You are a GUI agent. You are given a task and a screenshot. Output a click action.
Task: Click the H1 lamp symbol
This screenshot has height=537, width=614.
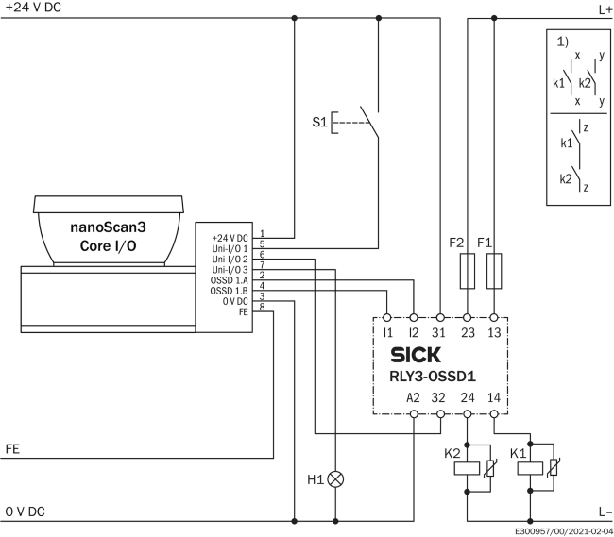(x=335, y=479)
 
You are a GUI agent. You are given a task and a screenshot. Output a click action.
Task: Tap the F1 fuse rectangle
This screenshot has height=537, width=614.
(x=494, y=271)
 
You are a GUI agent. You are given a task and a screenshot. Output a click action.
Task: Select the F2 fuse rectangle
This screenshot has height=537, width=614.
(x=468, y=271)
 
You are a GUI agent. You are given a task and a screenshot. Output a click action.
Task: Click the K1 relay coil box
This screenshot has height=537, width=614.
(x=530, y=468)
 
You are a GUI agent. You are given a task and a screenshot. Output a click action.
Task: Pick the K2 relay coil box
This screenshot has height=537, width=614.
(x=467, y=468)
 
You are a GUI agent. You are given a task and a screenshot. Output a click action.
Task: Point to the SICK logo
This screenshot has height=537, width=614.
(x=416, y=355)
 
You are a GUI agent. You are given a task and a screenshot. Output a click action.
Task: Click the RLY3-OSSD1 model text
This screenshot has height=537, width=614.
(x=433, y=377)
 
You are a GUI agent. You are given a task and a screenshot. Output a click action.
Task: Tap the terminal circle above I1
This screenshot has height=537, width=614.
(x=387, y=318)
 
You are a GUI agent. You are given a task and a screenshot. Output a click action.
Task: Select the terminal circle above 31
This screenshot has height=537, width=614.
(x=440, y=318)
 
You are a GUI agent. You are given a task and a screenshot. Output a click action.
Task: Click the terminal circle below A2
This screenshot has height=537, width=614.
(x=414, y=413)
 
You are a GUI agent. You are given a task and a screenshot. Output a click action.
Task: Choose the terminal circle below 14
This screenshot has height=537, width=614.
(x=494, y=413)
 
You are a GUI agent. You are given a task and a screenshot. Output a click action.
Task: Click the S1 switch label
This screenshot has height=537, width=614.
(x=319, y=122)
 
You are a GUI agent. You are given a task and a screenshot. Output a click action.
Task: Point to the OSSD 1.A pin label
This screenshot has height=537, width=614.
(x=230, y=280)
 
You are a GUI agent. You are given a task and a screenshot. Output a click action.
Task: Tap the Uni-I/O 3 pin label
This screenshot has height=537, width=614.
(x=230, y=270)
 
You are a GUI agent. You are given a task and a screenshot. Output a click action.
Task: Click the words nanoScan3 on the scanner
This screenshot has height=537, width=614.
(x=108, y=227)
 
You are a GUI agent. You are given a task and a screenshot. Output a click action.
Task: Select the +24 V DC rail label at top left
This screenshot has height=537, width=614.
(x=33, y=7)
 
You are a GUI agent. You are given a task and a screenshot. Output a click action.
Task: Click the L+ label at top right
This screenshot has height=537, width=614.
(x=605, y=9)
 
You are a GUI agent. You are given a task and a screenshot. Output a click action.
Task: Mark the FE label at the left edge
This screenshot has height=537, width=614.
(x=12, y=449)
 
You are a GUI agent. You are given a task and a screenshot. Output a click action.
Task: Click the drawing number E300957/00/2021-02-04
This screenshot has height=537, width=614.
(x=564, y=531)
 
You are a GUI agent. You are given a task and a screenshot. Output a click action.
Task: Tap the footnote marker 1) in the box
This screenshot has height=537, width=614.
(x=563, y=42)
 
